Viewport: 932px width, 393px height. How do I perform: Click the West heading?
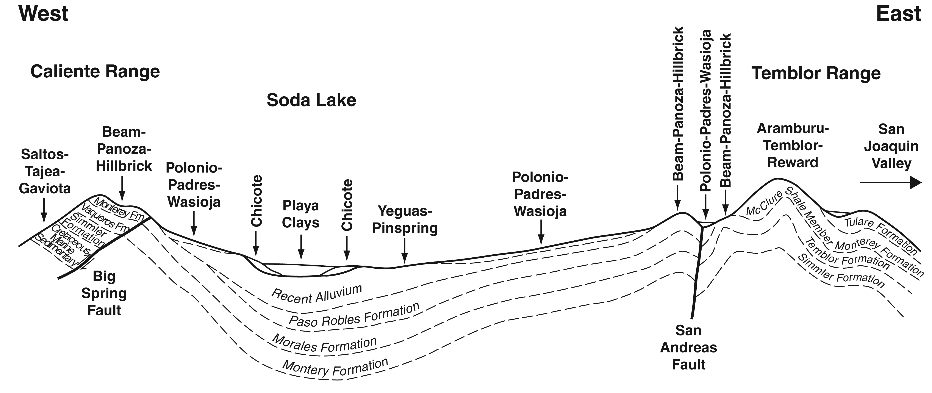tap(43, 14)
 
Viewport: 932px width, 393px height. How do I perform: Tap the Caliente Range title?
tap(95, 72)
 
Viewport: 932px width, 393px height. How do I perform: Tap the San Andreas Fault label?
tap(688, 347)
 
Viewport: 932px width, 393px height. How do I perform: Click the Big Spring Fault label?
tap(104, 293)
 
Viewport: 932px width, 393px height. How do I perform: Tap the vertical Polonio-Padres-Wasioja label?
tap(705, 110)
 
